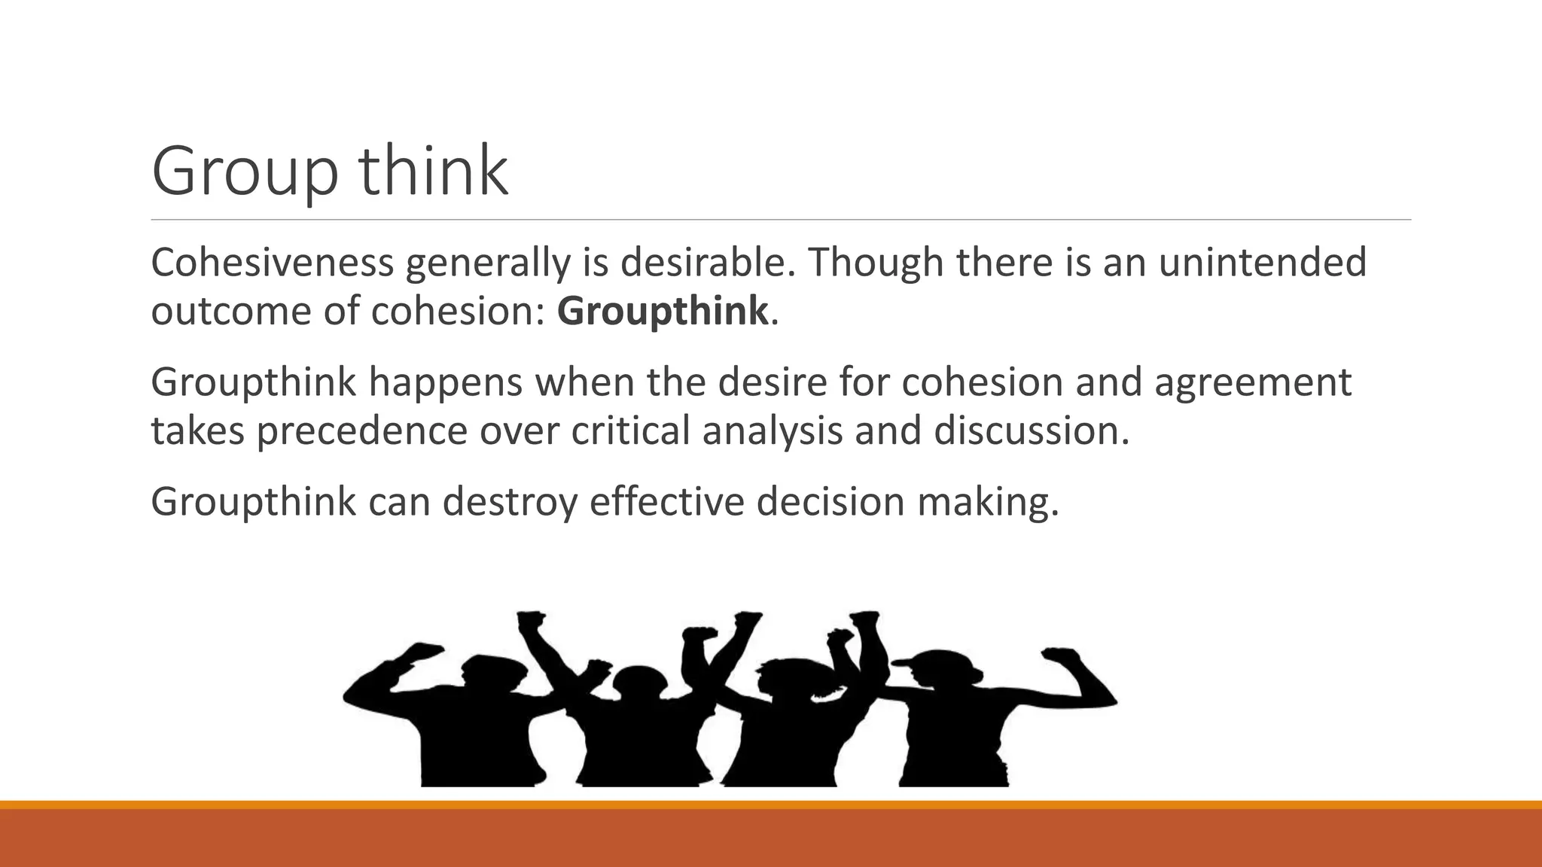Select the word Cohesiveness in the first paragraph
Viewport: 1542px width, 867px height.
(x=273, y=263)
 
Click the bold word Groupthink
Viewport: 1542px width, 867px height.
(x=663, y=311)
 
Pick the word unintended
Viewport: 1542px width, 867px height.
(x=1262, y=263)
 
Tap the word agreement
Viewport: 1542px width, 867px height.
(x=1253, y=383)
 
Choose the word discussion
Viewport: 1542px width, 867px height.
(x=1032, y=431)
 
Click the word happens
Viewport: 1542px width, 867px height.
(x=446, y=383)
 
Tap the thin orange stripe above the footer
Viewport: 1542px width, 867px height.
(x=771, y=805)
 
